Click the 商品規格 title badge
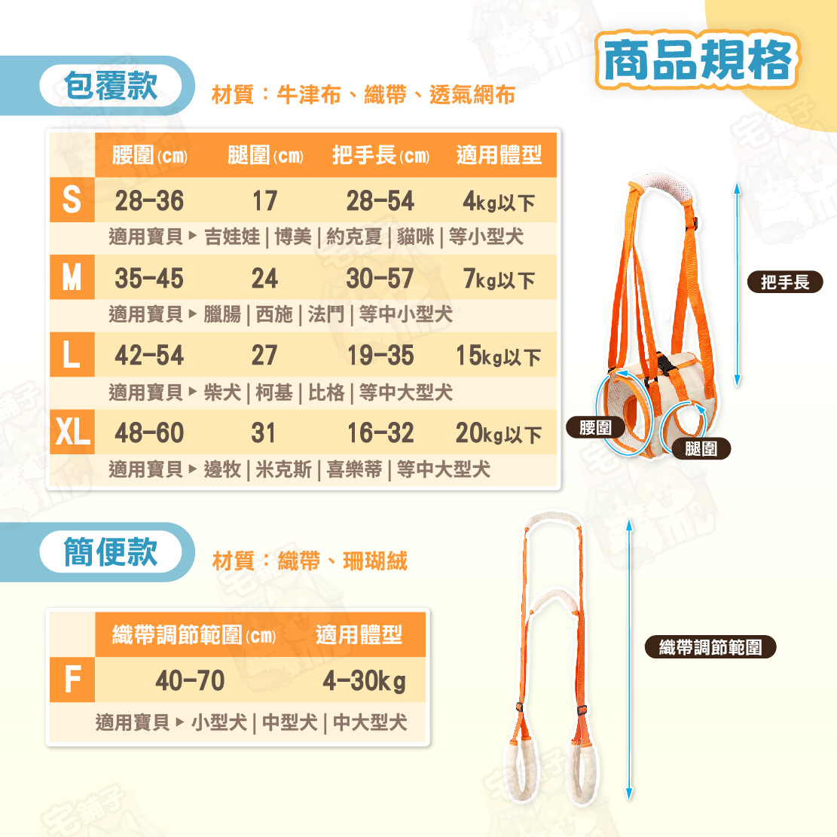(697, 60)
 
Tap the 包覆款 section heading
(111, 85)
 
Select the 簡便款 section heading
(111, 552)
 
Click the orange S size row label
(72, 200)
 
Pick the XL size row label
(72, 432)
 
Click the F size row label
(72, 680)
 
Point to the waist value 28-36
(149, 200)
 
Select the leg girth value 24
(264, 279)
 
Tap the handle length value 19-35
(380, 356)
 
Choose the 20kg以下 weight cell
(498, 433)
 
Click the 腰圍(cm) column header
(149, 155)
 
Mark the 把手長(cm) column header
(380, 155)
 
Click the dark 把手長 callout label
(785, 282)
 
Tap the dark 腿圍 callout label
(701, 448)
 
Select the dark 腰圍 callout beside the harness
(595, 427)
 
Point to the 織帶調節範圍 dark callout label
(710, 647)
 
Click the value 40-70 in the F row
(190, 680)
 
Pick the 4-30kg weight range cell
(364, 681)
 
